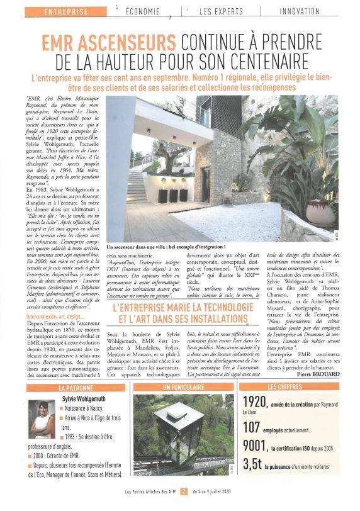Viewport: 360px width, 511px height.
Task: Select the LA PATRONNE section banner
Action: point(79,387)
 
